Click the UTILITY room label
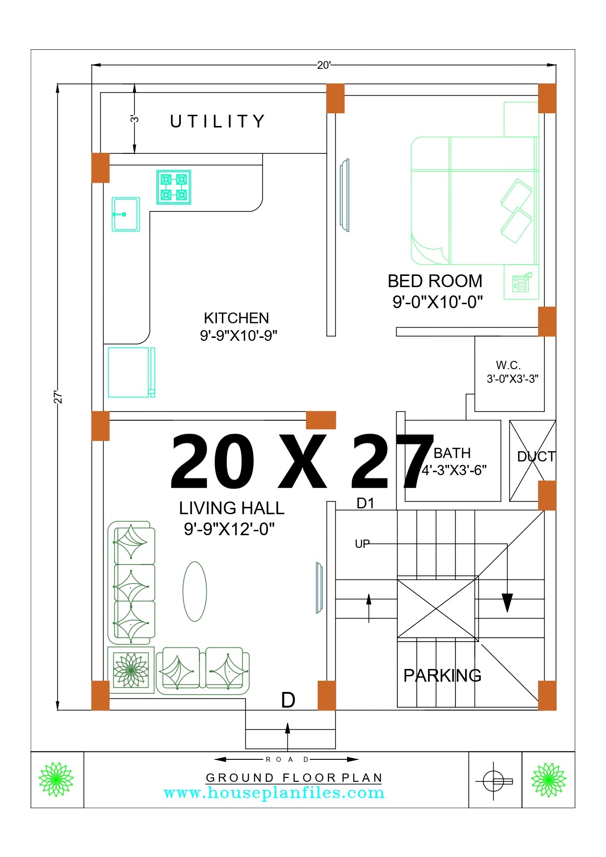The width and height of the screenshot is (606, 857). point(217,121)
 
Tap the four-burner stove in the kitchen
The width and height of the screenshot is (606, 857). point(173,187)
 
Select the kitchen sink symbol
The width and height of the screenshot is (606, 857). point(126,214)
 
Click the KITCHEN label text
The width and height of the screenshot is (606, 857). point(237,318)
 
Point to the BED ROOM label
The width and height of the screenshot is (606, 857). point(435,281)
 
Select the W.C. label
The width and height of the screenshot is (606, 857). point(508,365)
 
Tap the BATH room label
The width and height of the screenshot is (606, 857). point(452,453)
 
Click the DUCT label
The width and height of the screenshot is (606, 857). point(536,457)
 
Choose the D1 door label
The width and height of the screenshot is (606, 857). point(366,503)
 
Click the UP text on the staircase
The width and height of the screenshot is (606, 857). point(362,544)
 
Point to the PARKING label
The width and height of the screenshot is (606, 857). point(442,675)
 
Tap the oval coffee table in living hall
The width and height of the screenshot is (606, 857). point(195,591)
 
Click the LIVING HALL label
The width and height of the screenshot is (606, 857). point(232,508)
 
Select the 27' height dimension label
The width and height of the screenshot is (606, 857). point(58,397)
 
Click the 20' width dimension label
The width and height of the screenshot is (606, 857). point(324,65)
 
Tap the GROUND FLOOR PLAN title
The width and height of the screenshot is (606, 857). point(294,777)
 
